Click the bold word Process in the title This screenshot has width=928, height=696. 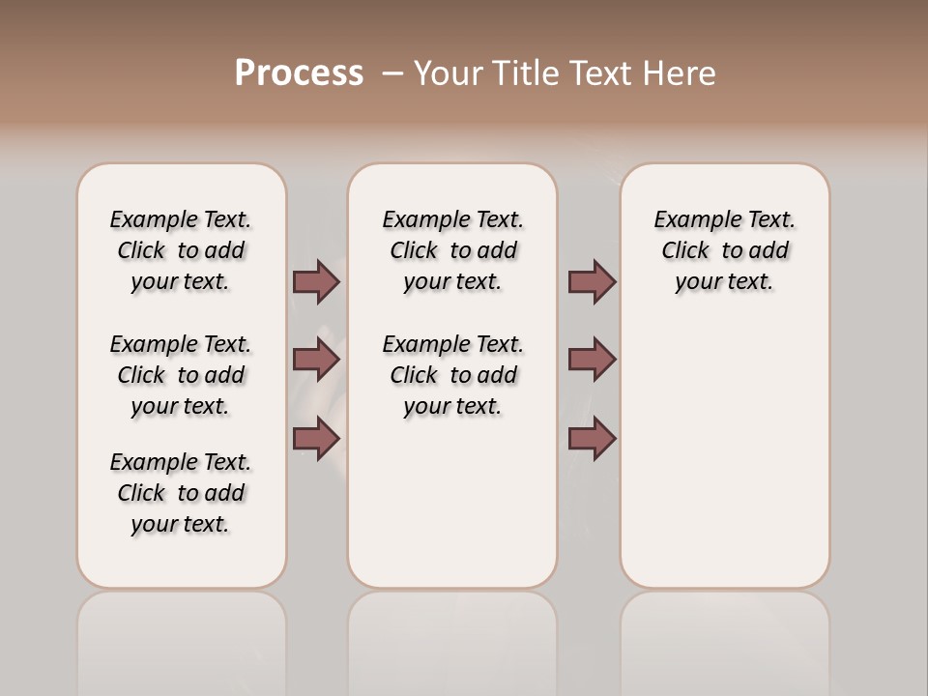coord(299,73)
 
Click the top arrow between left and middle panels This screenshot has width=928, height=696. coord(316,282)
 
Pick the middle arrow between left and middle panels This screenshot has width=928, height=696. coord(316,360)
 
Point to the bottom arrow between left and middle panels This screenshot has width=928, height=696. coord(316,439)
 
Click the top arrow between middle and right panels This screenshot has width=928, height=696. coord(592,282)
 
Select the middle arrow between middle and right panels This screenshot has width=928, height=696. coord(592,360)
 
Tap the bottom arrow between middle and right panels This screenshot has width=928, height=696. coord(592,439)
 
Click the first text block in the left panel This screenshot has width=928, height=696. coord(181,250)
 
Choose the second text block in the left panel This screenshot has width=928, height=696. coord(181,375)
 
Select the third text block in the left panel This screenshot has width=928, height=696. coord(181,493)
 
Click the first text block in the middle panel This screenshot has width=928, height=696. coord(452,250)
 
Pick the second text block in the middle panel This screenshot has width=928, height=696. coord(452,375)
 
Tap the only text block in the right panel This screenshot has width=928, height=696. coord(724,250)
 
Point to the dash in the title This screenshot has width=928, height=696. coord(393,73)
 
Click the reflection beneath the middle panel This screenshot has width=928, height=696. coord(452,638)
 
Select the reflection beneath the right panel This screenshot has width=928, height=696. coord(724,638)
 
